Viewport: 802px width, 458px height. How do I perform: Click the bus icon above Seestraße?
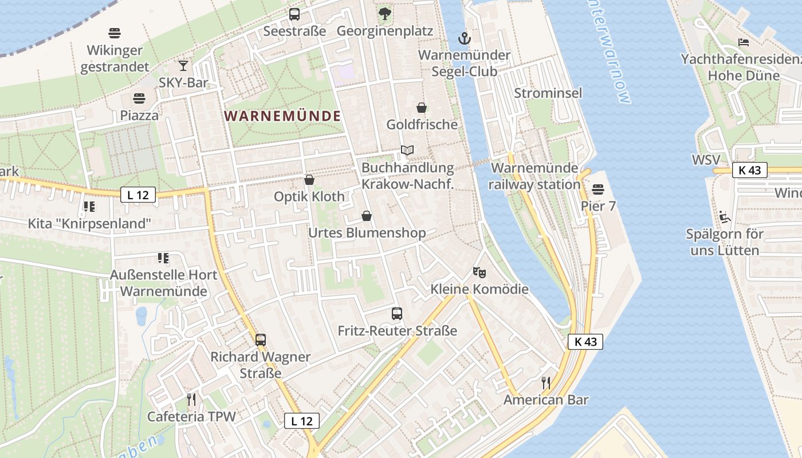[x=294, y=14]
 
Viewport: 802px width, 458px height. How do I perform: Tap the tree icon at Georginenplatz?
[x=384, y=14]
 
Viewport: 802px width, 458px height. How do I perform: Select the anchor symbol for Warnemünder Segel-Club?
[x=465, y=39]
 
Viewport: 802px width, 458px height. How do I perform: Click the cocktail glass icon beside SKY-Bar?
[x=183, y=66]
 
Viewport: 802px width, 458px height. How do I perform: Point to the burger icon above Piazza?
[x=139, y=98]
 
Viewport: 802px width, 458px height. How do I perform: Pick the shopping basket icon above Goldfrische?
[x=422, y=108]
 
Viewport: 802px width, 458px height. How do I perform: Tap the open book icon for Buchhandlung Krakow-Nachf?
[x=407, y=151]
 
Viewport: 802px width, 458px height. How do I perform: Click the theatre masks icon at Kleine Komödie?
[x=479, y=272]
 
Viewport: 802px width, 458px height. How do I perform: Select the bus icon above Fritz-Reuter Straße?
[x=397, y=314]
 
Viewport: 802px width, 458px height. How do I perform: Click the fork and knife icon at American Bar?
[x=546, y=383]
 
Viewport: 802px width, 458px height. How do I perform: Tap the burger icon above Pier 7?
[x=598, y=189]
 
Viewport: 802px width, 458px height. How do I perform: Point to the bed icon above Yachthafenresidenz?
[x=744, y=42]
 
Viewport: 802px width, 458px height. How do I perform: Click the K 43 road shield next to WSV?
[x=749, y=170]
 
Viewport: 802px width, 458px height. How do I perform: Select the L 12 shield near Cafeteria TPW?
[x=302, y=421]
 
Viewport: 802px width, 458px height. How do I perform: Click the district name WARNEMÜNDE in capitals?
[x=282, y=116]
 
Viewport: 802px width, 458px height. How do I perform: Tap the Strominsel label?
[x=548, y=93]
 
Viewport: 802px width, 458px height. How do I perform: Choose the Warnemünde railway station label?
[x=535, y=176]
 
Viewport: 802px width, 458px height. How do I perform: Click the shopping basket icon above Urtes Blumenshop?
[x=367, y=216]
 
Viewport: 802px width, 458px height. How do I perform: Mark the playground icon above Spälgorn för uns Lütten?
[x=725, y=217]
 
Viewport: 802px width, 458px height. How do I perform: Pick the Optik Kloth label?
[x=309, y=196]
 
